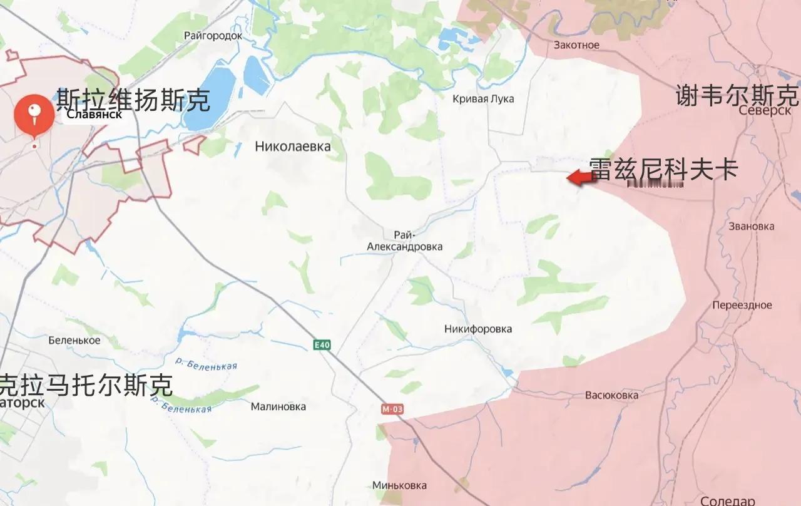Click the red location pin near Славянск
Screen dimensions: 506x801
34,114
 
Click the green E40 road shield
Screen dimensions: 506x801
322,345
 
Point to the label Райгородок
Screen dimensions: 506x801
213,36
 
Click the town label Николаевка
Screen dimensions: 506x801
292,147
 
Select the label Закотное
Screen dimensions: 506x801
576,45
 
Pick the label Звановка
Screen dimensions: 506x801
751,227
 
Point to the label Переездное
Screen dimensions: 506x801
742,306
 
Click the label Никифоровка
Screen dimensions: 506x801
478,329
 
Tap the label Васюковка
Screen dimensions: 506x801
611,395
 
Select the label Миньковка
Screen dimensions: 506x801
399,485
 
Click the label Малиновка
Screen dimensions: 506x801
278,406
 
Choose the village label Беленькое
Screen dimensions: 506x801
74,341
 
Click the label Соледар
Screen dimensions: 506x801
728,501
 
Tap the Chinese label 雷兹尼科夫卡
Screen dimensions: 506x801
663,169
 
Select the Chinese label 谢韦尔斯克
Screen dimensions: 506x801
737,96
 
